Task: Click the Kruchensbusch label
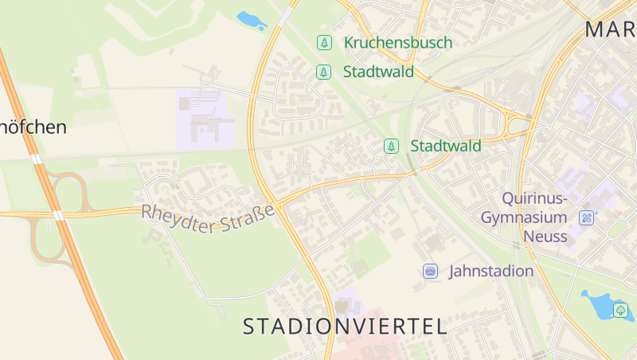(397, 43)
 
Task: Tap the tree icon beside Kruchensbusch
(324, 43)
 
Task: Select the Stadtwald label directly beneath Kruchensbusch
(378, 72)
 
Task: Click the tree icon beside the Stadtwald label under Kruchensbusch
(324, 72)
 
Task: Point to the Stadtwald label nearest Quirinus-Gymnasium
(445, 146)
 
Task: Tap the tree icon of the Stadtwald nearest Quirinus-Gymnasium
(391, 146)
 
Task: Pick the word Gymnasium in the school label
(524, 217)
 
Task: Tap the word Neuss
(545, 237)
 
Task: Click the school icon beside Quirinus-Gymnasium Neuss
(587, 217)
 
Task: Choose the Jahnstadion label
(491, 271)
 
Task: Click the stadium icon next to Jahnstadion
(431, 271)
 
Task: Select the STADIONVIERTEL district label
(344, 326)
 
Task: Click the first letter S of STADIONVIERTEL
(249, 326)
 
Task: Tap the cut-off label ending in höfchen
(33, 127)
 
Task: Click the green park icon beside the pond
(621, 310)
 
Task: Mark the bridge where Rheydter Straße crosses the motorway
(58, 214)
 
